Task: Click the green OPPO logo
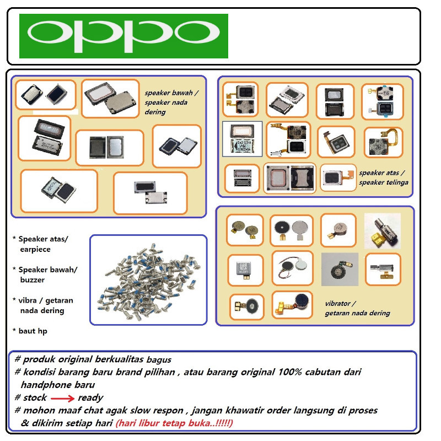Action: coord(123,36)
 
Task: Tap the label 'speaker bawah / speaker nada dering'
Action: coord(171,102)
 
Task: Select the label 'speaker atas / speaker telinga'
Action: coord(384,177)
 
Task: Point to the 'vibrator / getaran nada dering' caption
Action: coord(357,308)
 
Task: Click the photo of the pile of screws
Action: coord(148,280)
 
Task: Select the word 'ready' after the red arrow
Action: coord(90,397)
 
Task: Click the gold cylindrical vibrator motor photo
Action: coord(383,230)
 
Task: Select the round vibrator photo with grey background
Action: coord(340,270)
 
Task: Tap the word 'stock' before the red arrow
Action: coord(35,397)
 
